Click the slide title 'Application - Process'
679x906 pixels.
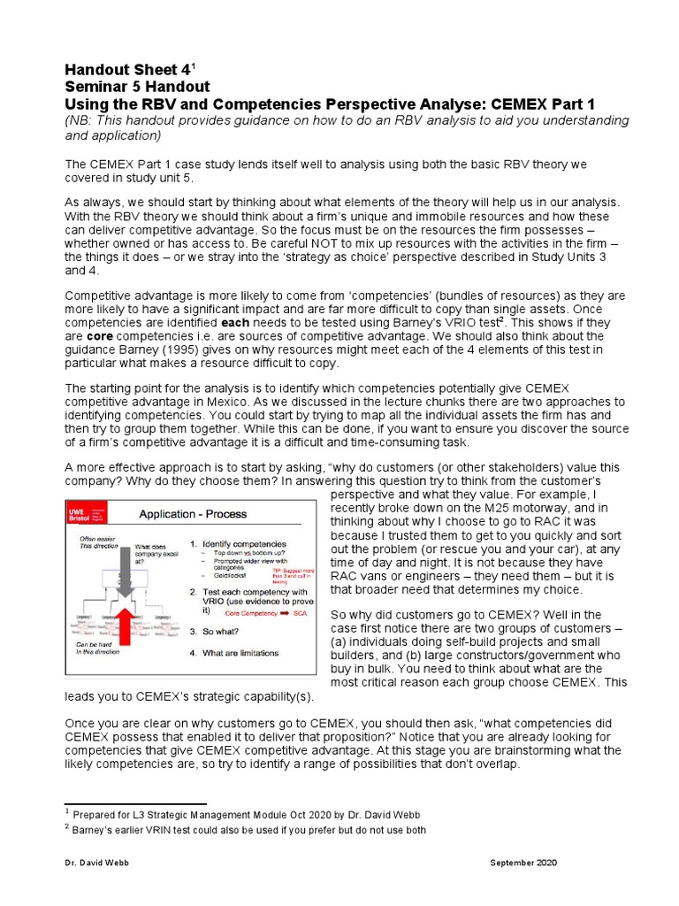pyautogui.click(x=192, y=514)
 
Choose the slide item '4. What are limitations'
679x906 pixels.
pyautogui.click(x=240, y=653)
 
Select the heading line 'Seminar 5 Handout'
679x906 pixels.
pyautogui.click(x=137, y=87)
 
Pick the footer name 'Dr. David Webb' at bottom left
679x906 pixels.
pyautogui.click(x=95, y=863)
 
